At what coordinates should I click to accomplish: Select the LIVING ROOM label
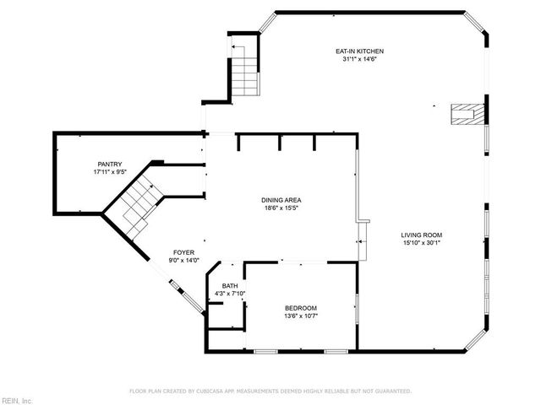[422, 235]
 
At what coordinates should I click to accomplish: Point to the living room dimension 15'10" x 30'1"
[422, 243]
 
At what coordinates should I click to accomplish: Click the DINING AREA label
[281, 200]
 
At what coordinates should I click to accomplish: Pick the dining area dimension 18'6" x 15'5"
[281, 208]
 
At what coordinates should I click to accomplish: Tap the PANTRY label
[109, 164]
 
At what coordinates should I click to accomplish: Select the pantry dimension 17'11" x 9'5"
[109, 171]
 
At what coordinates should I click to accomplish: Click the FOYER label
[184, 252]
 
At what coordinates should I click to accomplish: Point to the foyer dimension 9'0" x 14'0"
[184, 260]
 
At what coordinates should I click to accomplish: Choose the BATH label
[230, 286]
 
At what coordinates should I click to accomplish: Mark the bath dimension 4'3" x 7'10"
[230, 294]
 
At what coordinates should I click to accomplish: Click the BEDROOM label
[300, 307]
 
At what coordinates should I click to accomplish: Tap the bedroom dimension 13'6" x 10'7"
[300, 316]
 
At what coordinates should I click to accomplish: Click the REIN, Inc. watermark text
[16, 400]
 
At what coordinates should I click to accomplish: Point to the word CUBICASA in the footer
[221, 391]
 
